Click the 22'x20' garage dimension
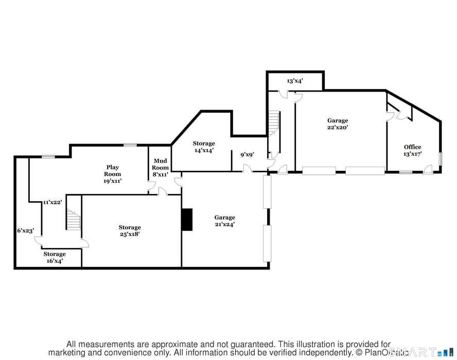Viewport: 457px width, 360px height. (x=338, y=128)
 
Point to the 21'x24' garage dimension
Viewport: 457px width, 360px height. (x=225, y=224)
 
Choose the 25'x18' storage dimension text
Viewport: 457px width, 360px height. (x=129, y=234)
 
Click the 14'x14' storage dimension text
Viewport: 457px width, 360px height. (x=203, y=150)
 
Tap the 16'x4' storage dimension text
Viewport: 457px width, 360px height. (x=54, y=261)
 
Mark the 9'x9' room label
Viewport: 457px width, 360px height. (x=248, y=154)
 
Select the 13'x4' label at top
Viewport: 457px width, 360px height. (x=294, y=81)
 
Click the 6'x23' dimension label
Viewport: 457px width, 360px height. (x=25, y=231)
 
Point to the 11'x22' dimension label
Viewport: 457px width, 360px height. (x=52, y=202)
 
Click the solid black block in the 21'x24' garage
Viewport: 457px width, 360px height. (x=187, y=219)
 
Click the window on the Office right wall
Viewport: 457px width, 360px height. (x=440, y=159)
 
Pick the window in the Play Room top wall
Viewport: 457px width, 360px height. (x=130, y=145)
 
